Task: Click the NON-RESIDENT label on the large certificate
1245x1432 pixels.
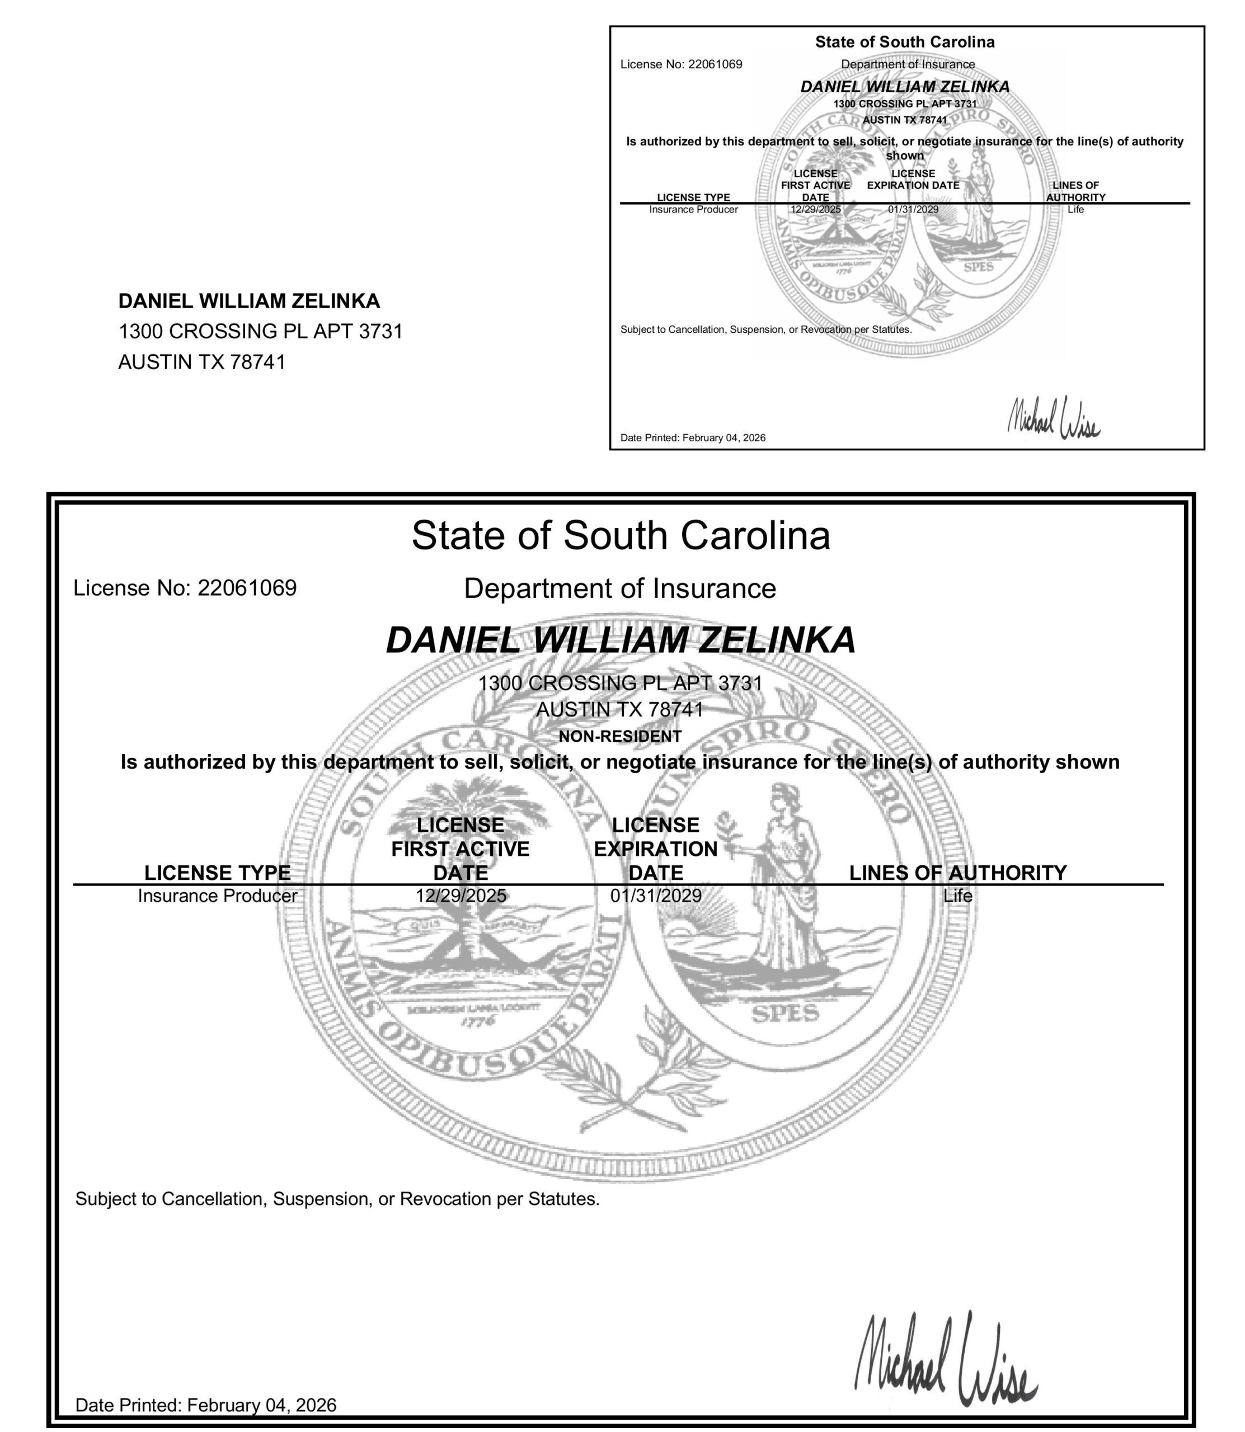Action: click(620, 736)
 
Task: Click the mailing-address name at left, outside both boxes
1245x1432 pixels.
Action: click(249, 302)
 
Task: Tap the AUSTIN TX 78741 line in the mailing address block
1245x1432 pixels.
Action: click(201, 362)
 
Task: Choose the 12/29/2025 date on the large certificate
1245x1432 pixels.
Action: click(461, 896)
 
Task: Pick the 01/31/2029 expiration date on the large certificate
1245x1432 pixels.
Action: click(655, 896)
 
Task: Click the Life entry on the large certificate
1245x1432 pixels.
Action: click(957, 896)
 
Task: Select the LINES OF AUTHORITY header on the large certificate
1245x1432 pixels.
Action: click(957, 873)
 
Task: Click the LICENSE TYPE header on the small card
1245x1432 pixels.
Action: click(693, 197)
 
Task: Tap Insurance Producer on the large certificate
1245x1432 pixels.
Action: click(218, 896)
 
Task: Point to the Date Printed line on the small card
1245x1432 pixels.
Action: click(693, 437)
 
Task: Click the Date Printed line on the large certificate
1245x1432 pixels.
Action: click(206, 1405)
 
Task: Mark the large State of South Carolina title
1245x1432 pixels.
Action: click(621, 535)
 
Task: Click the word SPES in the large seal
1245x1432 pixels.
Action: click(786, 1015)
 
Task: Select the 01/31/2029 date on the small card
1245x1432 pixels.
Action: click(913, 209)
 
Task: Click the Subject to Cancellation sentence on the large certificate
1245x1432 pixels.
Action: click(337, 1199)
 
